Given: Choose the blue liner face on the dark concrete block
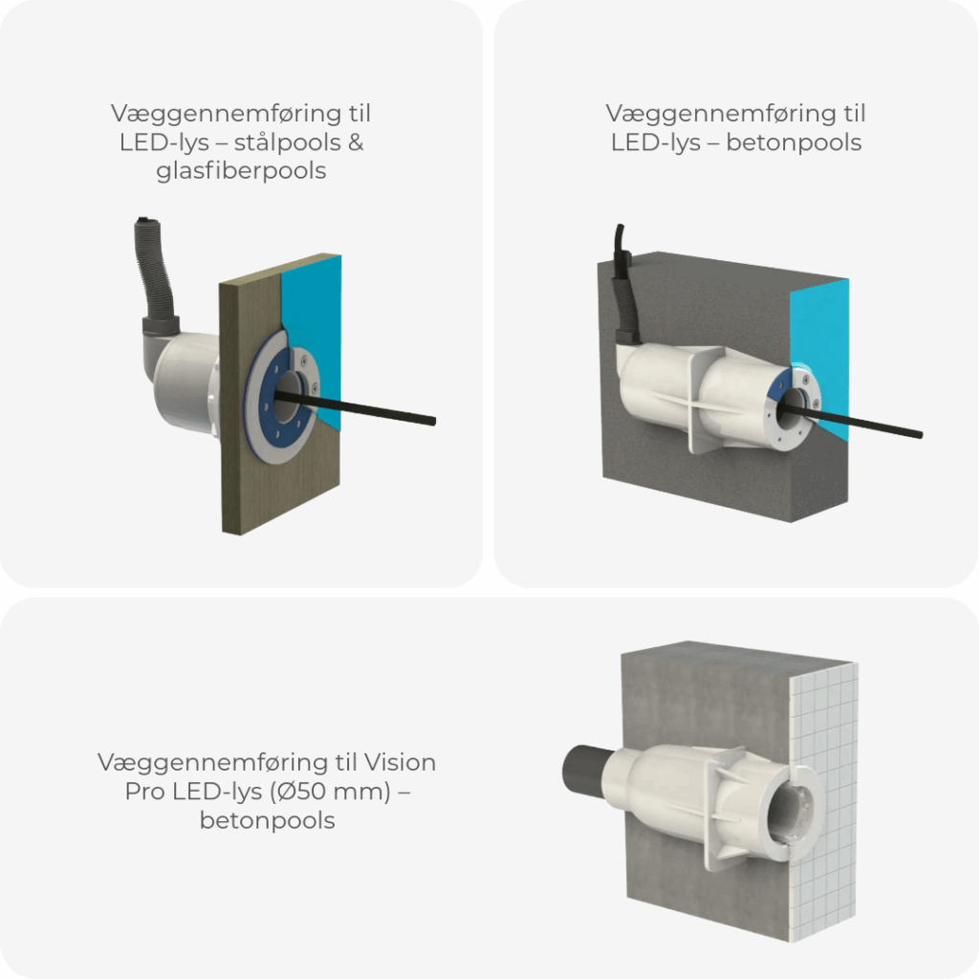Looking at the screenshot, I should (822, 344).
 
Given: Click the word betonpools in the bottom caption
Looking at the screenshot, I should (267, 821).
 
